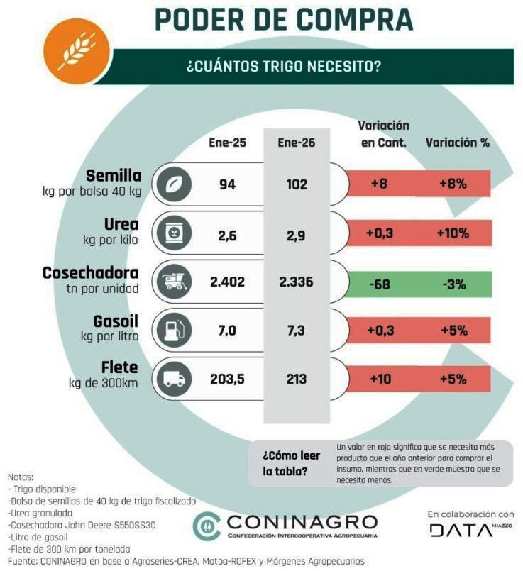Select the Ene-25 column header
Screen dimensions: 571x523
227,143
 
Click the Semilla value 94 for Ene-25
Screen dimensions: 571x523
227,184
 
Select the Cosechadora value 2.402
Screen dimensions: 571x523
227,282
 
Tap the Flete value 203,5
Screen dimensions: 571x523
227,379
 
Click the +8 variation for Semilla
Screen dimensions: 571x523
379,184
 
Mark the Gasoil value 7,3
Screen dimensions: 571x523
293,331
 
